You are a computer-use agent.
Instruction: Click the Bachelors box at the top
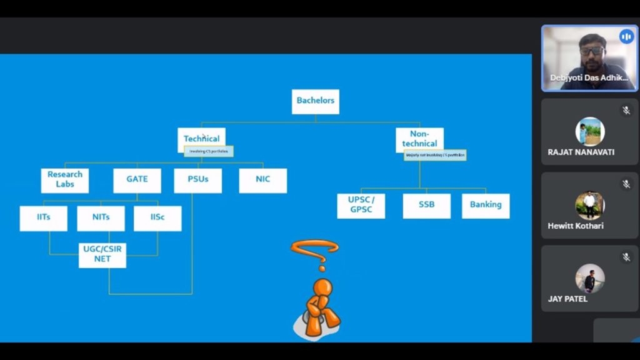[x=315, y=101]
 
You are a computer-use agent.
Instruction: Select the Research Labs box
[x=64, y=180]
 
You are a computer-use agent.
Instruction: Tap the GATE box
[x=137, y=180]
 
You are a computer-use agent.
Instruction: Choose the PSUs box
[x=197, y=180]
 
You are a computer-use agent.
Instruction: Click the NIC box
[x=262, y=180]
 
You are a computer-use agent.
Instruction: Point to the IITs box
[x=43, y=218]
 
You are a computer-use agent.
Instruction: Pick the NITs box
[x=101, y=218]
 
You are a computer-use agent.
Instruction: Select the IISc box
[x=157, y=218]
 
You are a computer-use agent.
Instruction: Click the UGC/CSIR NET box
[x=102, y=254]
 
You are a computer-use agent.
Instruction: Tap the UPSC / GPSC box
[x=361, y=205]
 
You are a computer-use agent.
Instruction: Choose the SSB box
[x=426, y=205]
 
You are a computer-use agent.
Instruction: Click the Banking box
[x=486, y=205]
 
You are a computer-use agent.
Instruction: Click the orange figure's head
[x=322, y=288]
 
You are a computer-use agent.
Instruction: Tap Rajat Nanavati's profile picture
[x=589, y=131]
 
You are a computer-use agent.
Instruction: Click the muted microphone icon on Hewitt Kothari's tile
[x=626, y=184]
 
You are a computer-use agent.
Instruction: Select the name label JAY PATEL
[x=567, y=299]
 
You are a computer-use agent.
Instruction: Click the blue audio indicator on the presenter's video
[x=626, y=37]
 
